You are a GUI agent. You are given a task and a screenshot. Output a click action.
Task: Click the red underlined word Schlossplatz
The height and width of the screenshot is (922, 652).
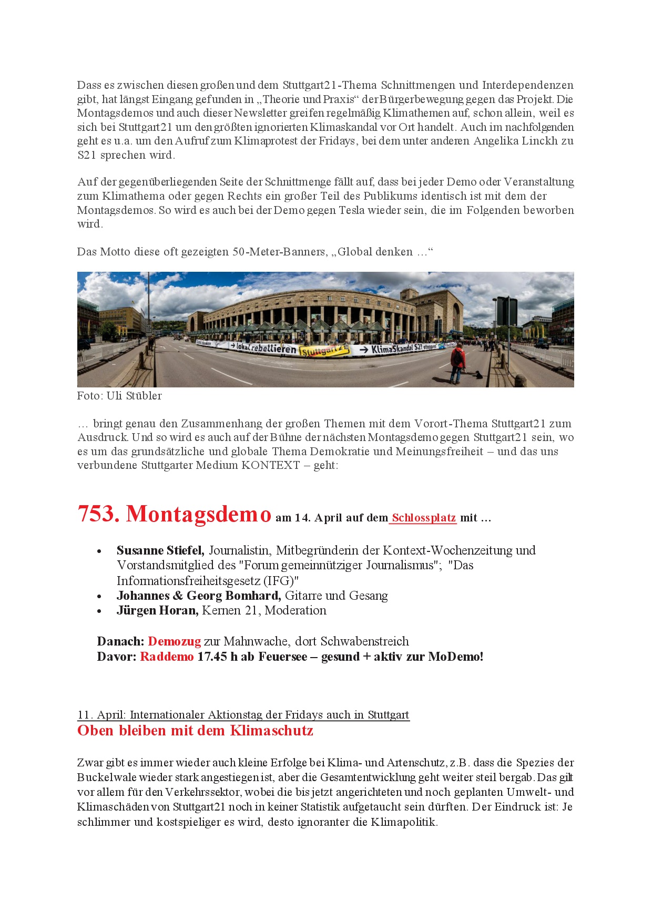[424, 518]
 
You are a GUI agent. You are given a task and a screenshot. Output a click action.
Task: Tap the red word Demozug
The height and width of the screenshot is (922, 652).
[174, 641]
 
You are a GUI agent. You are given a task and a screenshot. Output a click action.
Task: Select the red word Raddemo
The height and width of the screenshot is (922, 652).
[167, 657]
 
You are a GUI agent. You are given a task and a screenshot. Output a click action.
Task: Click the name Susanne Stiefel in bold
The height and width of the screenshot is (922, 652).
[160, 550]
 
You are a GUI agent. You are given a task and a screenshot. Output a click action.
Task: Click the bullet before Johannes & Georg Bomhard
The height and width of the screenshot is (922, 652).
[99, 596]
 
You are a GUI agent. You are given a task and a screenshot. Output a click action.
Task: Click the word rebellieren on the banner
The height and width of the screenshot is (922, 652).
[273, 348]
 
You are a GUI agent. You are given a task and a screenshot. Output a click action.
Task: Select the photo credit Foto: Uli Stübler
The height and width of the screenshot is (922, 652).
[119, 396]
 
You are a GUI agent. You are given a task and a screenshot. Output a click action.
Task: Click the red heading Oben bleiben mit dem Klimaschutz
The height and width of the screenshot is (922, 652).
[195, 731]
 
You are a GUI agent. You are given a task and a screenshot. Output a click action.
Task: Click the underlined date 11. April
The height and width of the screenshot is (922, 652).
[101, 715]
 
